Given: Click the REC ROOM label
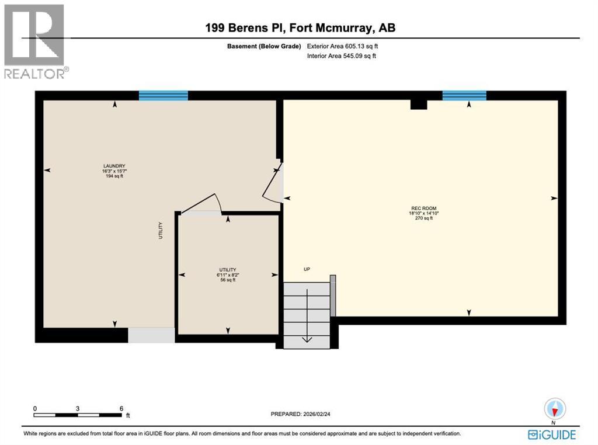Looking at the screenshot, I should pos(423,208).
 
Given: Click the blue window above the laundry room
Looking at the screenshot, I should pos(164,95).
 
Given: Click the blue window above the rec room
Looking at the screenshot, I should pos(464,95).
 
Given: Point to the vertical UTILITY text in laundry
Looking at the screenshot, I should pos(161,230).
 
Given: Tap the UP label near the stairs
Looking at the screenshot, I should pos(307,269).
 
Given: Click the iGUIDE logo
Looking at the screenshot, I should pos(552,434).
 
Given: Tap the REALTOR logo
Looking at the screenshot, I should pos(34,41).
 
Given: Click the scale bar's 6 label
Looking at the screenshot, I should pos(121,408).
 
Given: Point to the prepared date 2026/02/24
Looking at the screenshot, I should pos(304,414).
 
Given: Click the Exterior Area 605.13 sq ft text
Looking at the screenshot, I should pos(346,46).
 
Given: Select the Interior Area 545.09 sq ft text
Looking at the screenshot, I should pos(342,56).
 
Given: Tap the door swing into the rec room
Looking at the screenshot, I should pos(273,184).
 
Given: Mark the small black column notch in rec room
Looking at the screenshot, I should pos(419,104).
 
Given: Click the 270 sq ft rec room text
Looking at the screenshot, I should pos(423,218).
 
